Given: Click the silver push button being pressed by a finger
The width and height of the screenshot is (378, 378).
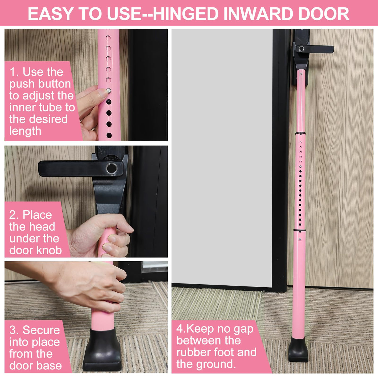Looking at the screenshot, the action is pyautogui.click(x=109, y=91).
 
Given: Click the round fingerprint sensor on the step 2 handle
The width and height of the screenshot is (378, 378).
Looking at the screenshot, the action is pyautogui.click(x=112, y=168).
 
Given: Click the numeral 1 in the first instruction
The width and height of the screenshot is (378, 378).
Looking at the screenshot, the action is pyautogui.click(x=12, y=72).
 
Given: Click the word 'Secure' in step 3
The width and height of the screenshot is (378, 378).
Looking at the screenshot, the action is pyautogui.click(x=41, y=330).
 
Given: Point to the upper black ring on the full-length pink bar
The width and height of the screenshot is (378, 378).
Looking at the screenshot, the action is pyautogui.click(x=300, y=133).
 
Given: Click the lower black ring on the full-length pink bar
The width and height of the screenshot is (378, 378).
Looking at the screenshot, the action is pyautogui.click(x=299, y=230).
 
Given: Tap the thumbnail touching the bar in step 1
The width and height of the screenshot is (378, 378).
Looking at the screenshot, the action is pyautogui.click(x=103, y=93).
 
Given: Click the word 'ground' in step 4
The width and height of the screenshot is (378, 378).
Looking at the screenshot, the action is pyautogui.click(x=215, y=364).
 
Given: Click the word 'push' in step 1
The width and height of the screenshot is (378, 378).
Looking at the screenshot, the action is pyautogui.click(x=22, y=84).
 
